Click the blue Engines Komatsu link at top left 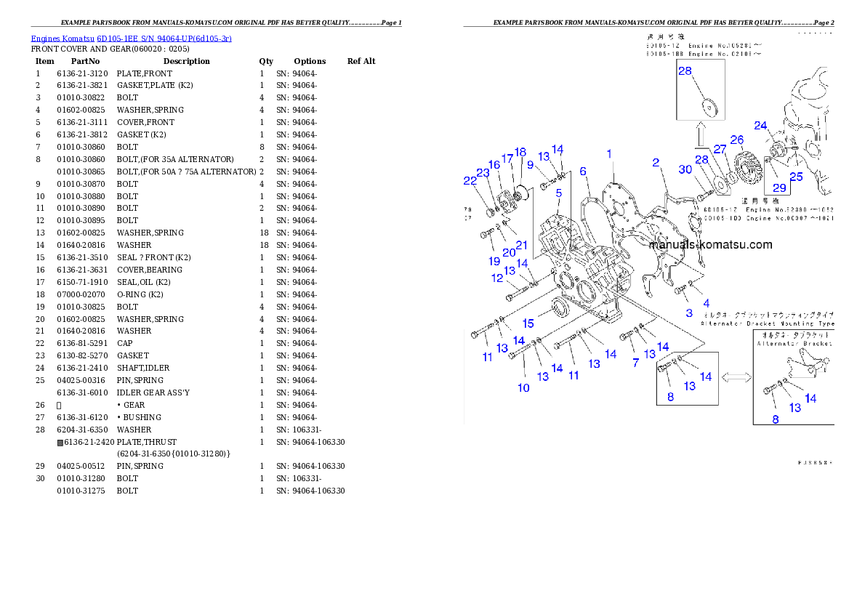(131, 39)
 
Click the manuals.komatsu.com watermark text (710, 245)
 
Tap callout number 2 (655, 162)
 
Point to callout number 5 (559, 193)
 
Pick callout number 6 (583, 172)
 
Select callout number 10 (523, 387)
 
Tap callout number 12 (497, 278)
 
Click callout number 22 (470, 181)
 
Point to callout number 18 (520, 153)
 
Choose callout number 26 (736, 140)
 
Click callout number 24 (760, 126)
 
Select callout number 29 (779, 187)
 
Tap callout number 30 (685, 169)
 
